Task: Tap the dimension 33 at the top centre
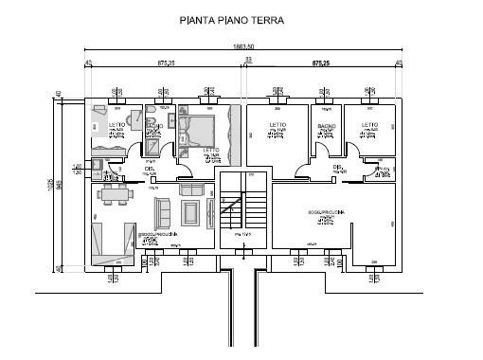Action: [249, 60]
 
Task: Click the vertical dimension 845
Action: [59, 186]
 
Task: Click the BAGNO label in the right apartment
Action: [328, 126]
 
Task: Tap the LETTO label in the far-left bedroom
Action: [117, 125]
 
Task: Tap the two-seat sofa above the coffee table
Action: [190, 189]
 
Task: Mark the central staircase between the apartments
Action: [242, 212]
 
